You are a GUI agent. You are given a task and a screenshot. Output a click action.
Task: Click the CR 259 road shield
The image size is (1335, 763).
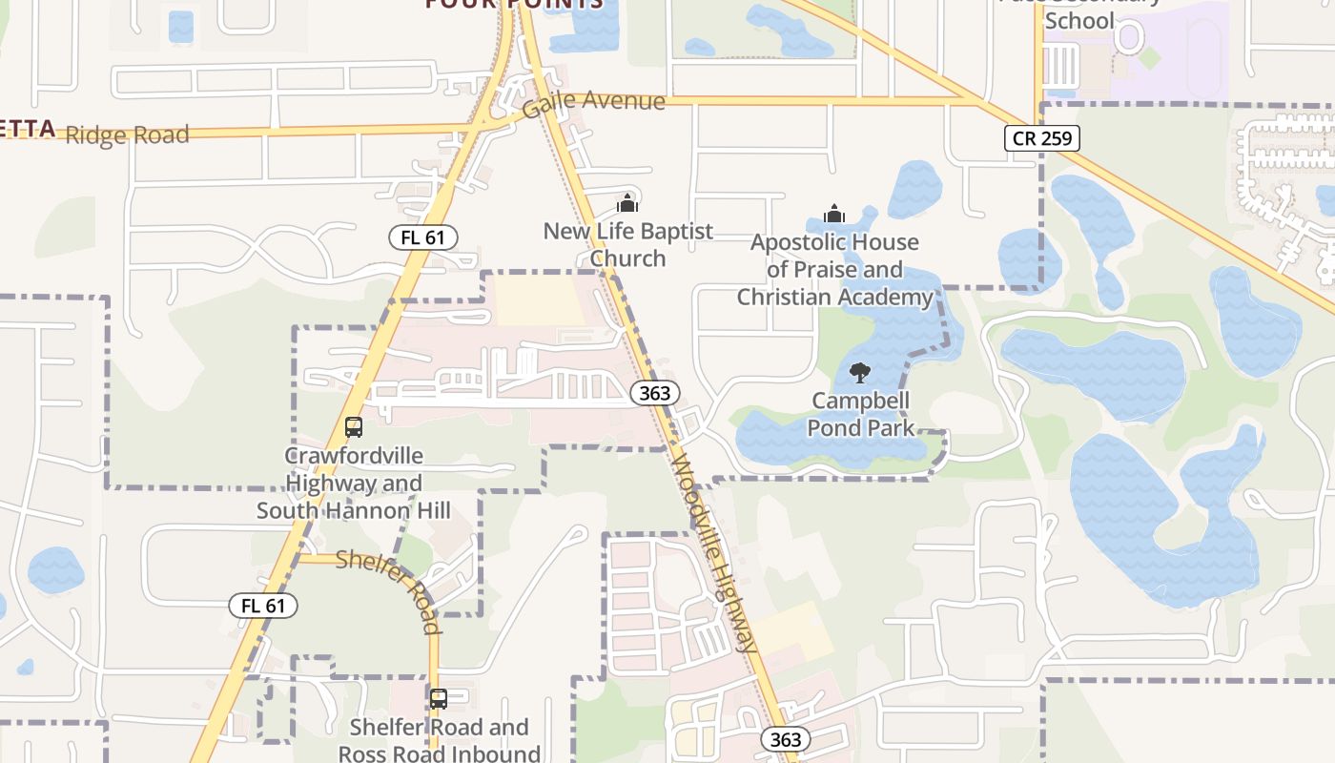coord(1041,138)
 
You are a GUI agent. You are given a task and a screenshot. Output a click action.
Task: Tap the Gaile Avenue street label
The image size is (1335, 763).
coord(593,102)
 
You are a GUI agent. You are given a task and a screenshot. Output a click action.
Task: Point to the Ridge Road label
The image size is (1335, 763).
coord(128,134)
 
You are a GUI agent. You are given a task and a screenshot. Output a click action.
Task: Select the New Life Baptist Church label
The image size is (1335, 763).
coord(627,244)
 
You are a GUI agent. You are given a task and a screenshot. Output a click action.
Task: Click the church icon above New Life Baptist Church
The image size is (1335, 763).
coord(627,203)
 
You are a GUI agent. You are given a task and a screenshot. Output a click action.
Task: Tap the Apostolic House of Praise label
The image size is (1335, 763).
coord(834,269)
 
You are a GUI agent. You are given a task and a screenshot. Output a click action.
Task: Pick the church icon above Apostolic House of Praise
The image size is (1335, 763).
coord(834,213)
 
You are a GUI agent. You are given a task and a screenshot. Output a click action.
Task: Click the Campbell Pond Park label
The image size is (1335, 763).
coord(860,414)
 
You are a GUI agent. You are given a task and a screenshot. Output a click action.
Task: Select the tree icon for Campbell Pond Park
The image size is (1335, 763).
coord(859,373)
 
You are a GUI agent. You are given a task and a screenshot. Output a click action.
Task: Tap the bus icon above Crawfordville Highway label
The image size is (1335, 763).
coord(354,426)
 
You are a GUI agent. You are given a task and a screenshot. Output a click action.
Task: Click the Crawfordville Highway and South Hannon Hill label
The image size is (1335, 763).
coord(354,483)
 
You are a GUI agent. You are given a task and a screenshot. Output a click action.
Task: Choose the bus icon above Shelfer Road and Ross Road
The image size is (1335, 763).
coord(439,699)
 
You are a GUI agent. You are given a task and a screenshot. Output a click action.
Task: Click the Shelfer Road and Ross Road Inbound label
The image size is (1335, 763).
coord(439,740)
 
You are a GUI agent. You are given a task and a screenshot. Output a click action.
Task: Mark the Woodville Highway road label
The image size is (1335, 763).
coord(713,553)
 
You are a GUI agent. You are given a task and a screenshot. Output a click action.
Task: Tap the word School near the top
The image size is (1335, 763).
coord(1079,21)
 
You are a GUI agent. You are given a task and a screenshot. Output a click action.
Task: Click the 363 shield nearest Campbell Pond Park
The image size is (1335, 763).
coord(655,392)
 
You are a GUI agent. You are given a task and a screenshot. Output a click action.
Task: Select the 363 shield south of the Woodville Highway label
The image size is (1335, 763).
coord(786,739)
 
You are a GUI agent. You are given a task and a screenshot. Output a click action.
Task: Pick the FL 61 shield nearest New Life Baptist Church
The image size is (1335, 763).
coord(422,237)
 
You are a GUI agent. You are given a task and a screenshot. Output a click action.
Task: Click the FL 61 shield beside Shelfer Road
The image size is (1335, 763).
coord(263,606)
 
